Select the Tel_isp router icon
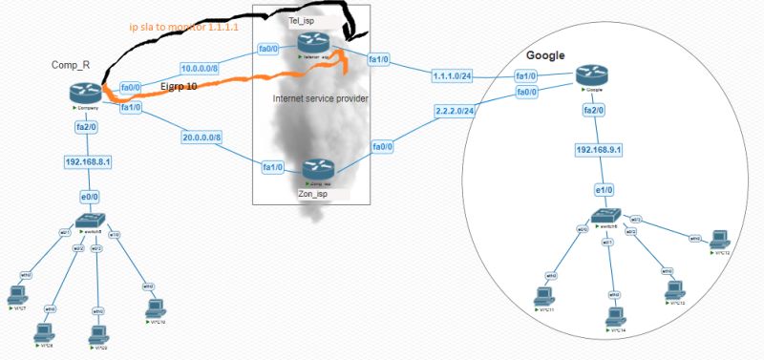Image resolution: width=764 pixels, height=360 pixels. point(312,42)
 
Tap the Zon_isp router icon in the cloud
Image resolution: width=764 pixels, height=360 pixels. point(315,168)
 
